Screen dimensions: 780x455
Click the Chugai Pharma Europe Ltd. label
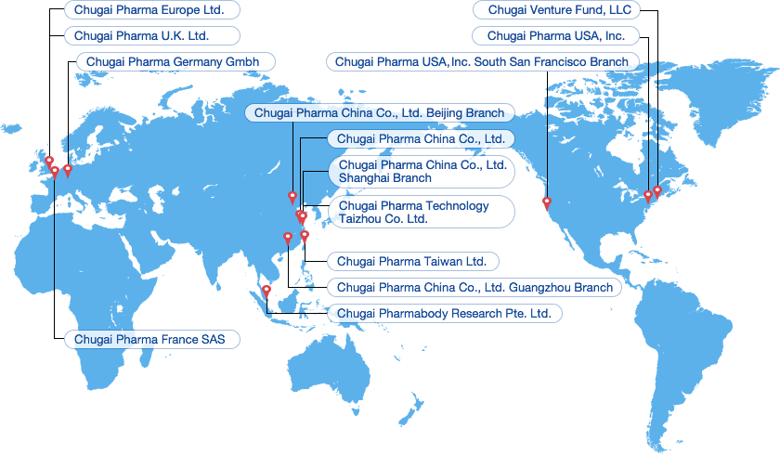[x=151, y=10]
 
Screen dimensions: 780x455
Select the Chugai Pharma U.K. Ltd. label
[x=151, y=36]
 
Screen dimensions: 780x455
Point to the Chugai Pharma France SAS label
[x=151, y=339]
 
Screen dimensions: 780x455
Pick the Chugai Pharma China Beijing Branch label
[x=378, y=112]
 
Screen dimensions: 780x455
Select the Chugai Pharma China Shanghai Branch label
[x=421, y=171]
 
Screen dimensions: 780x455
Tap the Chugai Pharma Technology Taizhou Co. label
[x=421, y=212]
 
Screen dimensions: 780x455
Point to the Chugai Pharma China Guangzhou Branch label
[x=474, y=288]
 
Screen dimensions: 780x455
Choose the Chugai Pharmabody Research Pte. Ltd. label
[x=444, y=314]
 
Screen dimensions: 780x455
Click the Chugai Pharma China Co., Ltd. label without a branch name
[x=420, y=138]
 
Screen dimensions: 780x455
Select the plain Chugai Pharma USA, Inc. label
[x=556, y=36]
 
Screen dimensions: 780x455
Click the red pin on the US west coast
[x=547, y=202]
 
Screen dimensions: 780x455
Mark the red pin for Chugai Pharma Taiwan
[x=305, y=236]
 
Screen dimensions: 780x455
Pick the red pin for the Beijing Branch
[x=292, y=197]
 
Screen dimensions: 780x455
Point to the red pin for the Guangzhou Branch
[x=287, y=238]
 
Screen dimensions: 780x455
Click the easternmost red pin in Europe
[x=67, y=170]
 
